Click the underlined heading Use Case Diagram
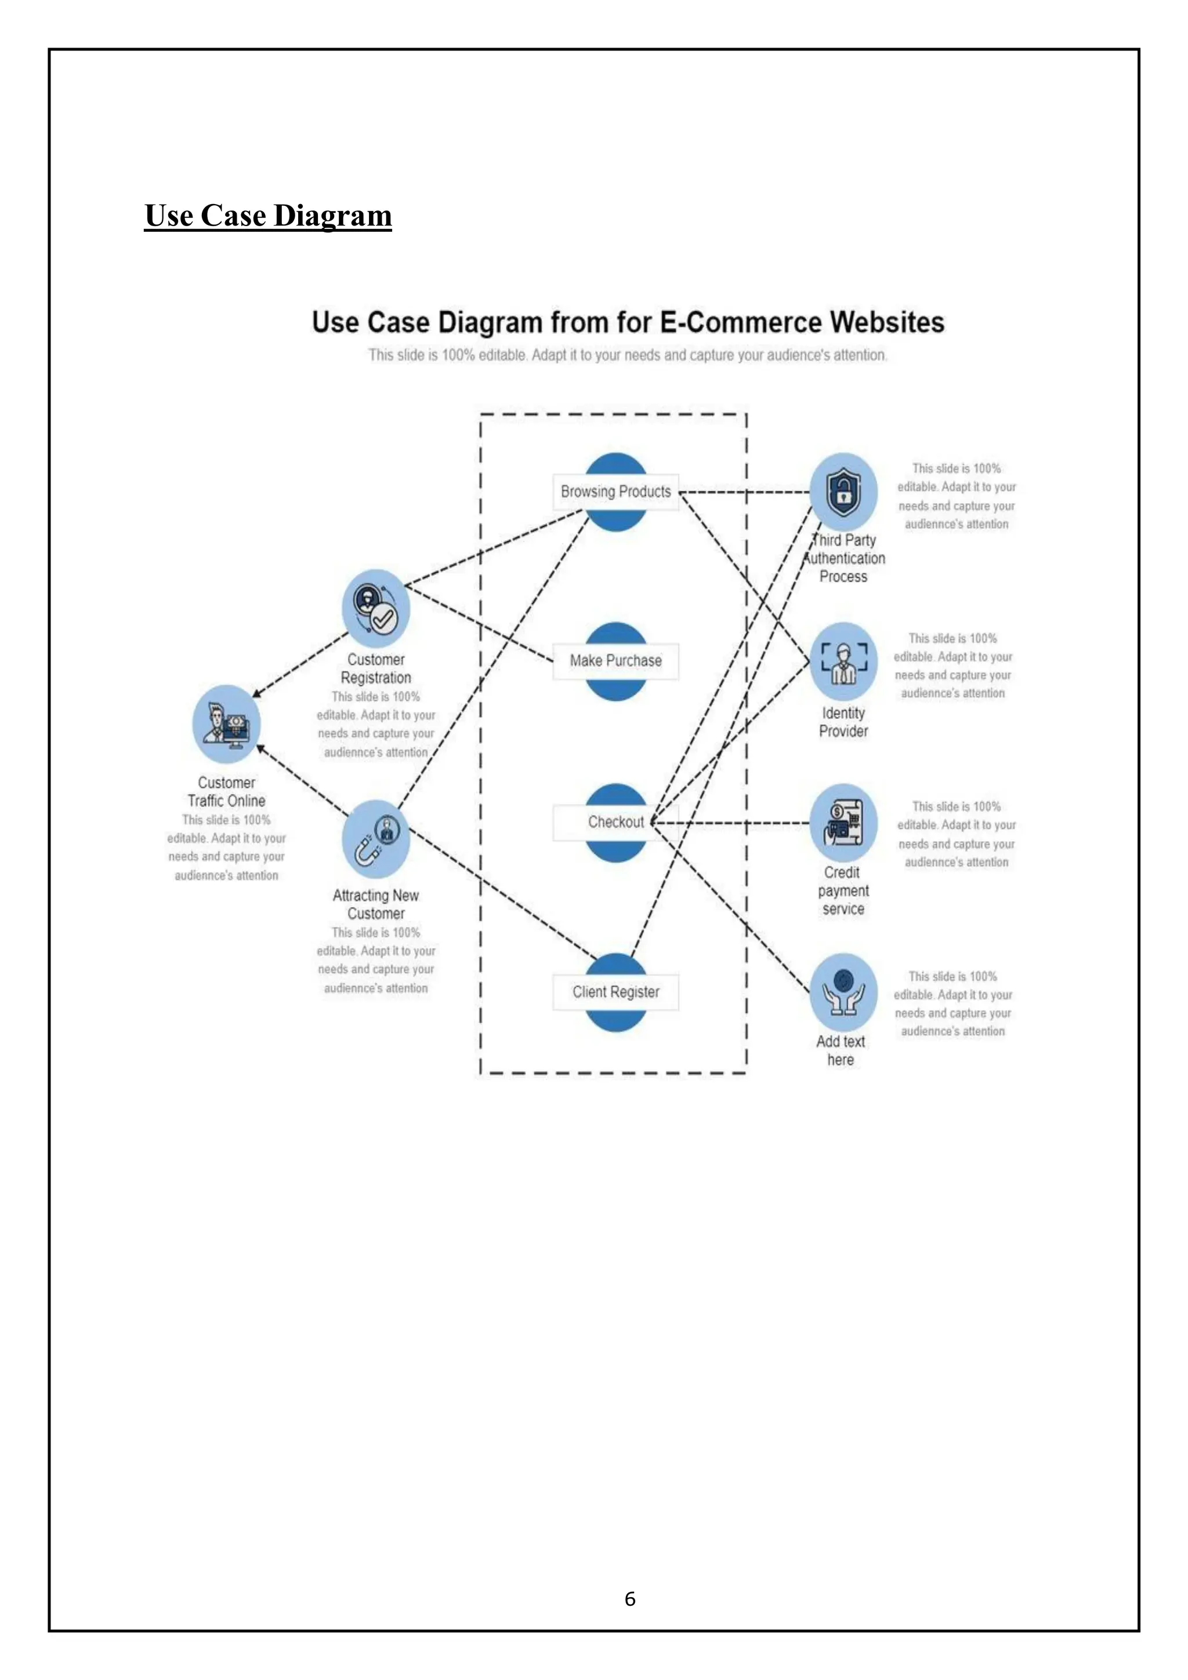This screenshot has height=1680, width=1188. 268,216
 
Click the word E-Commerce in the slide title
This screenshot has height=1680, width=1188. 741,323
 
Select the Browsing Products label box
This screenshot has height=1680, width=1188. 615,492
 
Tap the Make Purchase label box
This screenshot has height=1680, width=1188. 615,661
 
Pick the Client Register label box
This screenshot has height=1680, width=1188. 615,992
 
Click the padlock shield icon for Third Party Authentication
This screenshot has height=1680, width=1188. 844,492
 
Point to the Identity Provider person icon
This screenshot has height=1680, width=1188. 844,662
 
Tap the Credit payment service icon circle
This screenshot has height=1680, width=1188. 844,823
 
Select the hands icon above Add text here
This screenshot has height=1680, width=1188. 844,993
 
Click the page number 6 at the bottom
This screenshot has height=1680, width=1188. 630,1599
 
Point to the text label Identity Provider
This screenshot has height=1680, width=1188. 843,722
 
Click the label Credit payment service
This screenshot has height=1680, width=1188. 843,890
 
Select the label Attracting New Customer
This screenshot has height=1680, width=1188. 375,904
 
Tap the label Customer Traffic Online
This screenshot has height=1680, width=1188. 226,792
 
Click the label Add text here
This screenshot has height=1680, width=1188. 841,1051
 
